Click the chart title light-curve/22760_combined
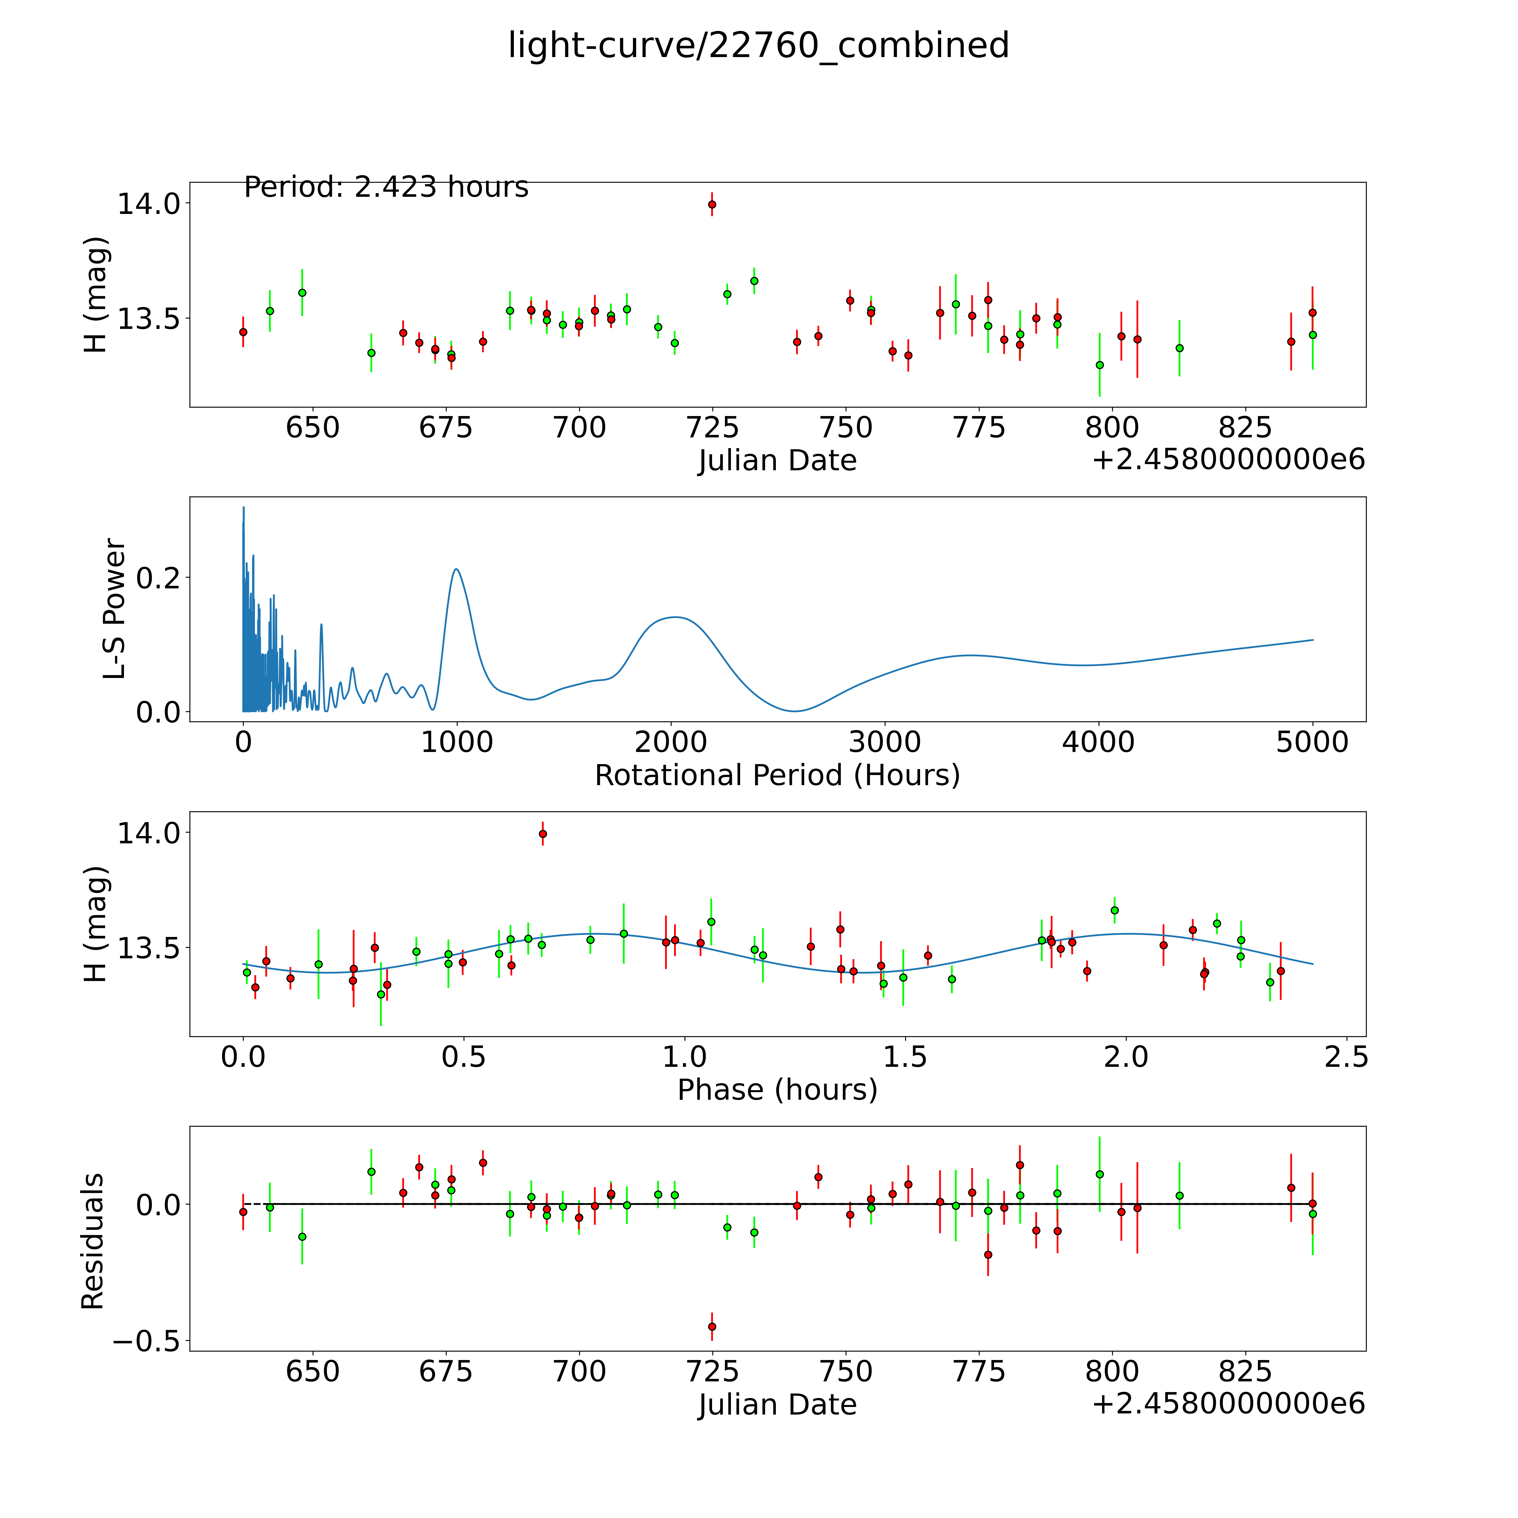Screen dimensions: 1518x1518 (x=758, y=46)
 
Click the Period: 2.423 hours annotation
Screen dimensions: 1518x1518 (x=386, y=187)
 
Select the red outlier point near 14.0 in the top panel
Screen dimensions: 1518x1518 (x=712, y=204)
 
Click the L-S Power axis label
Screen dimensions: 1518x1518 (x=114, y=609)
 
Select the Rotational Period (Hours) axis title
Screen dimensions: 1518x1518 (x=777, y=776)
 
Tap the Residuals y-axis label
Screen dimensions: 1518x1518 (x=93, y=1241)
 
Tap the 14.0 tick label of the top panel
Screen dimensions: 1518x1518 (x=149, y=204)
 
